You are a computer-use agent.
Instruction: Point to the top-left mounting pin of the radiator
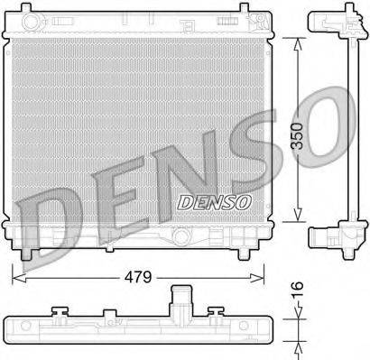pyautogui.click(x=31, y=17)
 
